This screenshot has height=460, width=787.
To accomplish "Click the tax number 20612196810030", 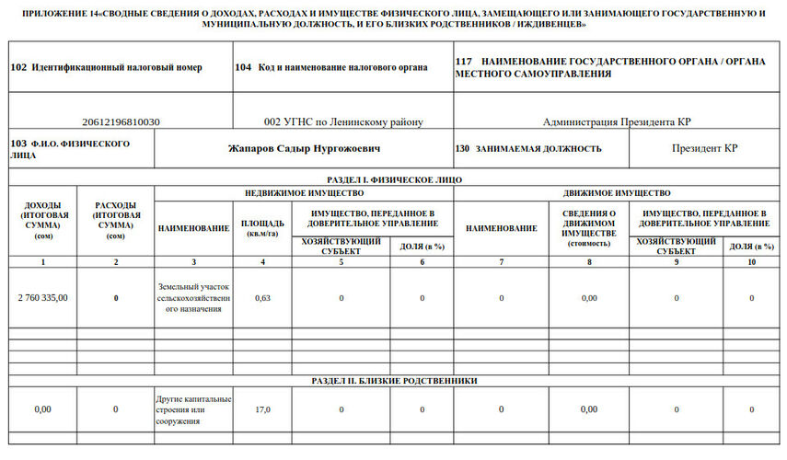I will pos(121,121).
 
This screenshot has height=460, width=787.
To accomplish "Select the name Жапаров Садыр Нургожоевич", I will pos(304,148).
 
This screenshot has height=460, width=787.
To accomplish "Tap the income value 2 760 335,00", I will pos(43,297).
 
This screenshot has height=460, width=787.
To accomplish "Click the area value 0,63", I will pos(262,297).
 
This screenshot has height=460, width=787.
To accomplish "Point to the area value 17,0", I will pos(262,409).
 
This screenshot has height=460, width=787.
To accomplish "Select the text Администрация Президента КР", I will pos(617,121).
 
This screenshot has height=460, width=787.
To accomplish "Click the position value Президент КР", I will pos(704,148).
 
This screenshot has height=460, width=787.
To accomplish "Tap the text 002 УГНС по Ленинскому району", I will pos(342,121).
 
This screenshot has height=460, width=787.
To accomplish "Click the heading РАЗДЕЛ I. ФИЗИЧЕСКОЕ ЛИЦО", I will pos(394,179).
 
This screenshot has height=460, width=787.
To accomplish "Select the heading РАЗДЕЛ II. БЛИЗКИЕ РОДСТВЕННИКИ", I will pos(394,380).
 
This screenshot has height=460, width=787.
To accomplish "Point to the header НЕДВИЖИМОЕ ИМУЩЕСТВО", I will pos(304,193).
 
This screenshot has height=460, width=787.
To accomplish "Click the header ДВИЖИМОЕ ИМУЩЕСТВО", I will pos(617,193).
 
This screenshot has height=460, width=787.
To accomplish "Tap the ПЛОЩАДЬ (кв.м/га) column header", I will pos(262,228).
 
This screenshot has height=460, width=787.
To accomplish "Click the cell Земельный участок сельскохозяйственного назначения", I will pos(193,297).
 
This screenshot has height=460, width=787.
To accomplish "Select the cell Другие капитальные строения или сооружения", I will pos(193,409).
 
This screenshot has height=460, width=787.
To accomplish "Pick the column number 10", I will pos(751,262).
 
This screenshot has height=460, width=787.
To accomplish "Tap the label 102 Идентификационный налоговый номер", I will pos(106,67).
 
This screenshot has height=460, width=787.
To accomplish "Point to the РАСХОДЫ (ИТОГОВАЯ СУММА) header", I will pos(115,221).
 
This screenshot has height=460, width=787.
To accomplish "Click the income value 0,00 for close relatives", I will pos(43,409).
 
